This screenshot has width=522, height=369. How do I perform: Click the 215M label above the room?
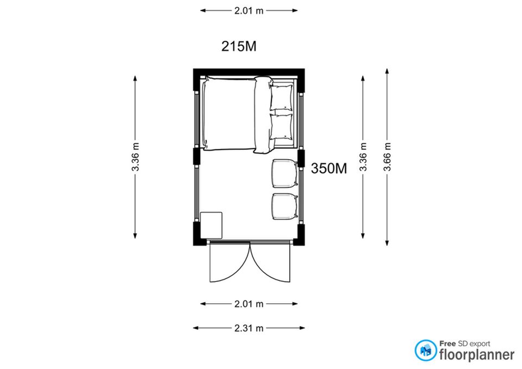239,46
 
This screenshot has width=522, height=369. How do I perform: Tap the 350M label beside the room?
329,168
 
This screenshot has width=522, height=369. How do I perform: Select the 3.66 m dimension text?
387,157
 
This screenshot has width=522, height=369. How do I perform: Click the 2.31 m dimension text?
248,328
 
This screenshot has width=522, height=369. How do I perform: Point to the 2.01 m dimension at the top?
248,11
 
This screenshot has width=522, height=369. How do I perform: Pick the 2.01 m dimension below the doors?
248,304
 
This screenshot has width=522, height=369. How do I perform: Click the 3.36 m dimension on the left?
135,157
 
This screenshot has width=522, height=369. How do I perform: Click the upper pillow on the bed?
282,97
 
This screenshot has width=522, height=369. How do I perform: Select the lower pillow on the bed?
282,127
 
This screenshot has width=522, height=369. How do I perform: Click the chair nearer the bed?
284,173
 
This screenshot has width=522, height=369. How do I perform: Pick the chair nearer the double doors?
284,207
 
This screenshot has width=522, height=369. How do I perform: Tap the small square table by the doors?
211,226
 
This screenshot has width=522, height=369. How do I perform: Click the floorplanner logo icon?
426,351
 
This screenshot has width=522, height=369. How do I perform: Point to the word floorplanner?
477,355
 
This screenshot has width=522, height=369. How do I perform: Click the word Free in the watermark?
448,343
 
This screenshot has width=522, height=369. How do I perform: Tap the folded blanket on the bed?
263,115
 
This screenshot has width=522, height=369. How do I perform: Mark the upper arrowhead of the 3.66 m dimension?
387,71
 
